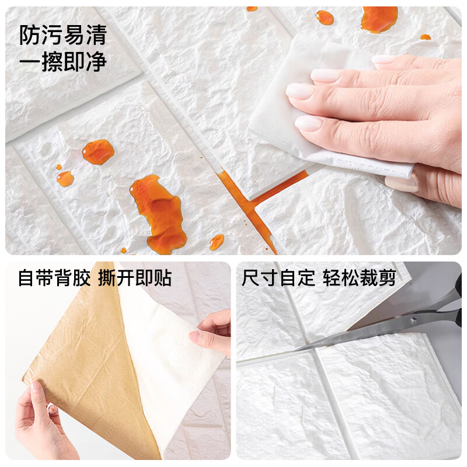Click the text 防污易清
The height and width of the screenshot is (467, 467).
tap(63, 36)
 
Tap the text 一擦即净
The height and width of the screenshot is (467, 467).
tap(63, 62)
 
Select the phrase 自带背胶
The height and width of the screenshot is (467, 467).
tap(54, 278)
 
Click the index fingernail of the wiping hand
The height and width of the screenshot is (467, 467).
tap(326, 75)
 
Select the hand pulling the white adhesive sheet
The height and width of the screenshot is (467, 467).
tap(213, 333)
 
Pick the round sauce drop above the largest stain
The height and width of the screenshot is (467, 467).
tap(97, 152)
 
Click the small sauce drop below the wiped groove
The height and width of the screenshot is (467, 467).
tap(217, 241)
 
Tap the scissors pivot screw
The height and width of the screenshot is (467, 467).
tap(415, 319)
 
